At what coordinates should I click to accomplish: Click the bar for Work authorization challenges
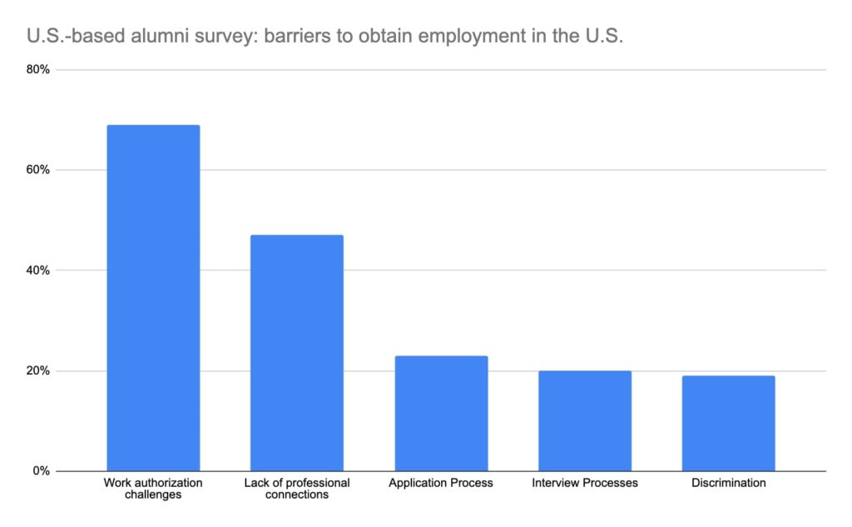tap(153, 298)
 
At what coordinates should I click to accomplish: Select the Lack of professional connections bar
tap(297, 353)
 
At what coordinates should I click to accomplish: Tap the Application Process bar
tap(441, 413)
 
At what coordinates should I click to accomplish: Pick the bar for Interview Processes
tap(585, 420)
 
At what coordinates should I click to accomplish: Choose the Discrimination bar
tap(728, 423)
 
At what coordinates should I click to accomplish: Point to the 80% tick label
tap(38, 70)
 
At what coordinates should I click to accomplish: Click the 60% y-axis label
tap(38, 170)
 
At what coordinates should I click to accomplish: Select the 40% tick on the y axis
tap(38, 271)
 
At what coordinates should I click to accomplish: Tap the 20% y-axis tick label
tap(38, 370)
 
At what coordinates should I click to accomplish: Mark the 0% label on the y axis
tap(42, 471)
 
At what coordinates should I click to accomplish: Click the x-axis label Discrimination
tap(728, 483)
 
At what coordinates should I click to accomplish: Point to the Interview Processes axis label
tap(585, 483)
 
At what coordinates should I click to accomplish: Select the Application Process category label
tap(441, 483)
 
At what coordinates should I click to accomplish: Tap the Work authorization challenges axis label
tap(153, 489)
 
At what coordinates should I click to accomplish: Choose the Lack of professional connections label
tap(297, 489)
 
